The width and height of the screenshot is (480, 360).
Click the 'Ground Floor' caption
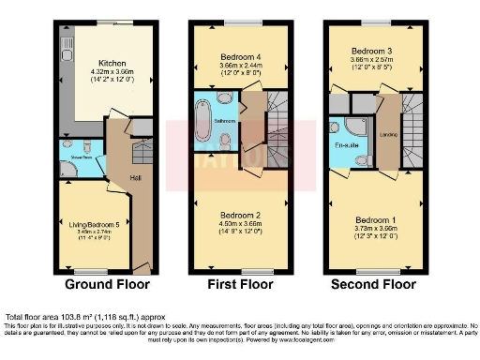click(103, 283)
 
